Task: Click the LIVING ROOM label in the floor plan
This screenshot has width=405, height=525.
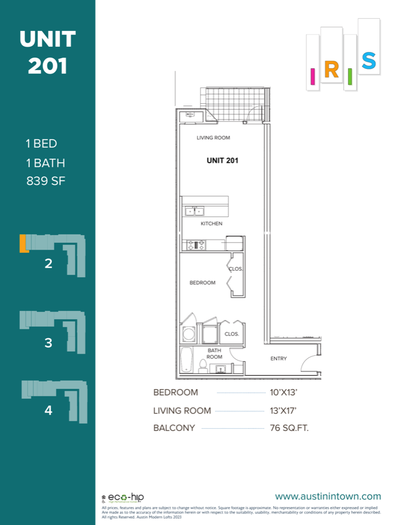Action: (x=213, y=138)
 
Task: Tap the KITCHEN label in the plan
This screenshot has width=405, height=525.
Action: (x=212, y=223)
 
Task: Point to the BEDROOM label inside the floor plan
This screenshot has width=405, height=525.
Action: (x=202, y=283)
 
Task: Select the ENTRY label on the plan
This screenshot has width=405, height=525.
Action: (x=279, y=359)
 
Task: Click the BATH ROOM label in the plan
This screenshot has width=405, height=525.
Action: (x=214, y=353)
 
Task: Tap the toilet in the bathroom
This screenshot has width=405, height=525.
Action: (x=203, y=366)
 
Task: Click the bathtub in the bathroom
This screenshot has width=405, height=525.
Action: (x=186, y=359)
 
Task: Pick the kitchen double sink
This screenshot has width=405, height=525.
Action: (x=195, y=211)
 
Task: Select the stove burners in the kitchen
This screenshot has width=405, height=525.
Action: (x=193, y=245)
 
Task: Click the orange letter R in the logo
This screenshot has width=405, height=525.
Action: (x=331, y=70)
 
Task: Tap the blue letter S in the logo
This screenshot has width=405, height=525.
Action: (x=368, y=61)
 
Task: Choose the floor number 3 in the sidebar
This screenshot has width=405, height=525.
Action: (x=48, y=343)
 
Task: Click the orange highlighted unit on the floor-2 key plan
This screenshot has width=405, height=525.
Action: (x=23, y=243)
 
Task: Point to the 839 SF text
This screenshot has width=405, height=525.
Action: (x=45, y=181)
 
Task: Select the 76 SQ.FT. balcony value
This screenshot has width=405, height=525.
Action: (x=289, y=428)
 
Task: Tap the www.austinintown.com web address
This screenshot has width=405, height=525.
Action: (x=327, y=497)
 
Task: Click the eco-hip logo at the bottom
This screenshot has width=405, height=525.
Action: (x=123, y=498)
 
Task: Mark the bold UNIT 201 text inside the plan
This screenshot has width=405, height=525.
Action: (x=223, y=160)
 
